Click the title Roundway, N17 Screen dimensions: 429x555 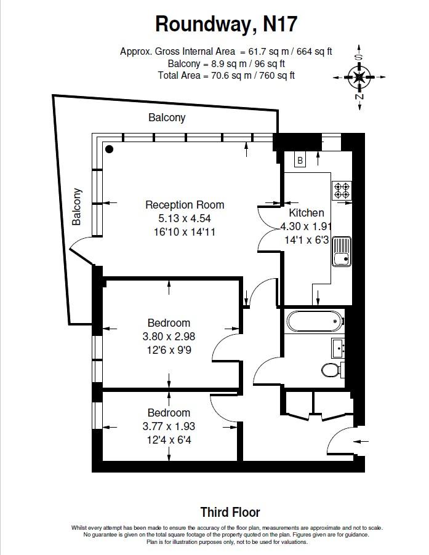click(226, 25)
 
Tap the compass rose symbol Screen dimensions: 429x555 click(359, 77)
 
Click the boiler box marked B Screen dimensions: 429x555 click(300, 161)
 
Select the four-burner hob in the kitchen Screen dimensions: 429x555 click(342, 190)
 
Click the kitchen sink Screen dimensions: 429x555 click(342, 251)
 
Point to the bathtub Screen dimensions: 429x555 click(315, 321)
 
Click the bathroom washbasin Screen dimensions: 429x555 click(338, 348)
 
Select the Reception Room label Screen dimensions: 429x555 click(185, 205)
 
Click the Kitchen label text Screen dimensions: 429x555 click(307, 213)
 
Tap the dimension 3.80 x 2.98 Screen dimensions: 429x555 click(169, 336)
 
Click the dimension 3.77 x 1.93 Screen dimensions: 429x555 click(169, 426)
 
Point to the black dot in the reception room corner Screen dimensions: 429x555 click(110, 150)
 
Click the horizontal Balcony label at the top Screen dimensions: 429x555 click(167, 118)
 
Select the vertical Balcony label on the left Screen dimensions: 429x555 click(76, 207)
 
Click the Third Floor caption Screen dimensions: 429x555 click(230, 512)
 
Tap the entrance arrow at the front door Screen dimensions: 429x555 click(361, 441)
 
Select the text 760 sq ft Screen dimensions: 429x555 click(277, 76)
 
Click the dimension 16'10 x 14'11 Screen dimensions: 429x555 click(185, 232)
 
